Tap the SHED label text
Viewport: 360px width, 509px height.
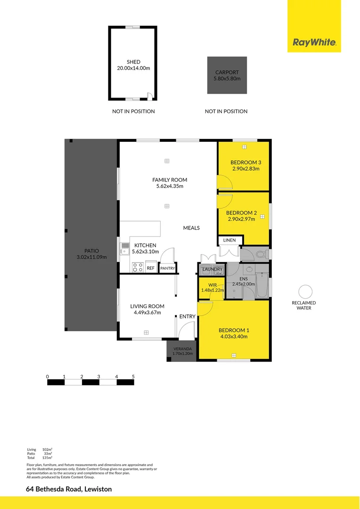[133, 62]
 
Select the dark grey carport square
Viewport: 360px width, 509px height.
[227, 75]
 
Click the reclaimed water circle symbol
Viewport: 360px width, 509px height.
[305, 292]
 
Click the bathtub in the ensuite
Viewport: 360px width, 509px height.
[263, 285]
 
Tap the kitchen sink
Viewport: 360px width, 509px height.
[125, 248]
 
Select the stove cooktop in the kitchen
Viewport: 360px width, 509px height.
[138, 267]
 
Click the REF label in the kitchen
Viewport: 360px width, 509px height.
[151, 268]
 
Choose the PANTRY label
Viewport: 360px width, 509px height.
[168, 268]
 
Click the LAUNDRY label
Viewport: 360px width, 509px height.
[213, 270]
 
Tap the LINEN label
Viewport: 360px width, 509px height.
[229, 240]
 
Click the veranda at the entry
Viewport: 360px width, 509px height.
[181, 351]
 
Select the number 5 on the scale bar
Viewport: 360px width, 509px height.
[133, 377]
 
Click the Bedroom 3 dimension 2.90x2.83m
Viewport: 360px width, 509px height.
[245, 168]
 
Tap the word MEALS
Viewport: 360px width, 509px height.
[191, 228]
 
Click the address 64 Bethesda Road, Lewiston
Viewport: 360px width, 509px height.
[69, 489]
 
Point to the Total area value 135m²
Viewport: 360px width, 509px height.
[47, 457]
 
